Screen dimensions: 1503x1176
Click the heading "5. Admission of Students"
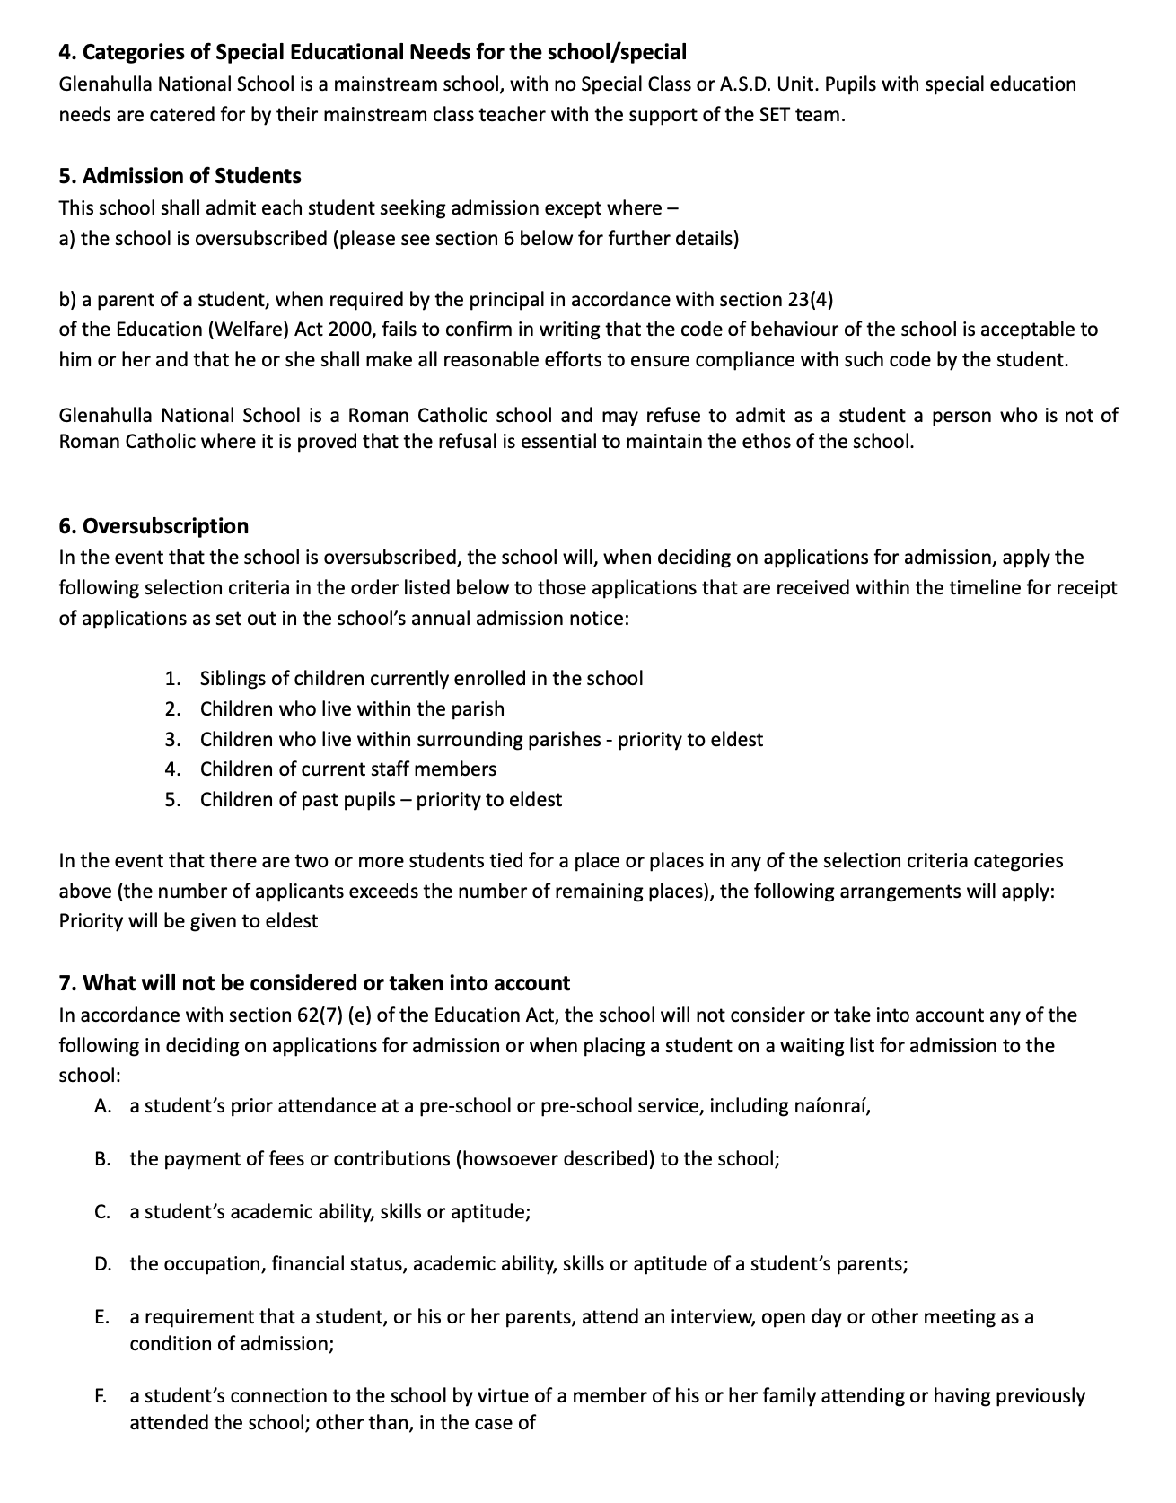coord(180,176)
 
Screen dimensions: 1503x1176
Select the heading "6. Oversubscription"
coord(154,526)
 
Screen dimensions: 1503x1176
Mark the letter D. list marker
coord(102,1264)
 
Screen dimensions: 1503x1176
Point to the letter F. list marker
coord(101,1396)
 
